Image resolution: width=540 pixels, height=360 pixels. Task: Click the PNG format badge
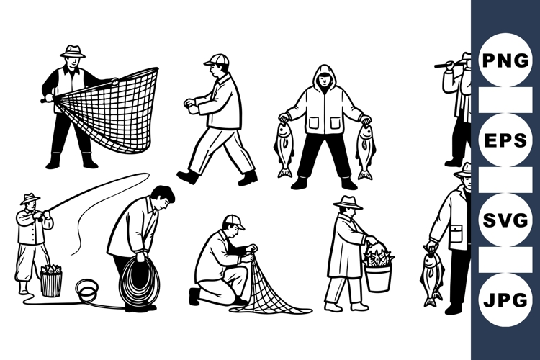(x=505, y=60)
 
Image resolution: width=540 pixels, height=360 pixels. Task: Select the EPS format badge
(x=505, y=139)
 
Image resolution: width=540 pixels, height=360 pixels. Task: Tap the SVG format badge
(x=505, y=220)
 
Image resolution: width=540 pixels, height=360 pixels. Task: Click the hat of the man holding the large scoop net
(x=72, y=51)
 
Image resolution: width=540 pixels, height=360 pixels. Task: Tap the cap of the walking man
(x=216, y=59)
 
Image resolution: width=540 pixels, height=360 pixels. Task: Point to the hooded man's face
(x=324, y=80)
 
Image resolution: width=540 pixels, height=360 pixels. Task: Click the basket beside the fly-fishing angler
(x=51, y=281)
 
